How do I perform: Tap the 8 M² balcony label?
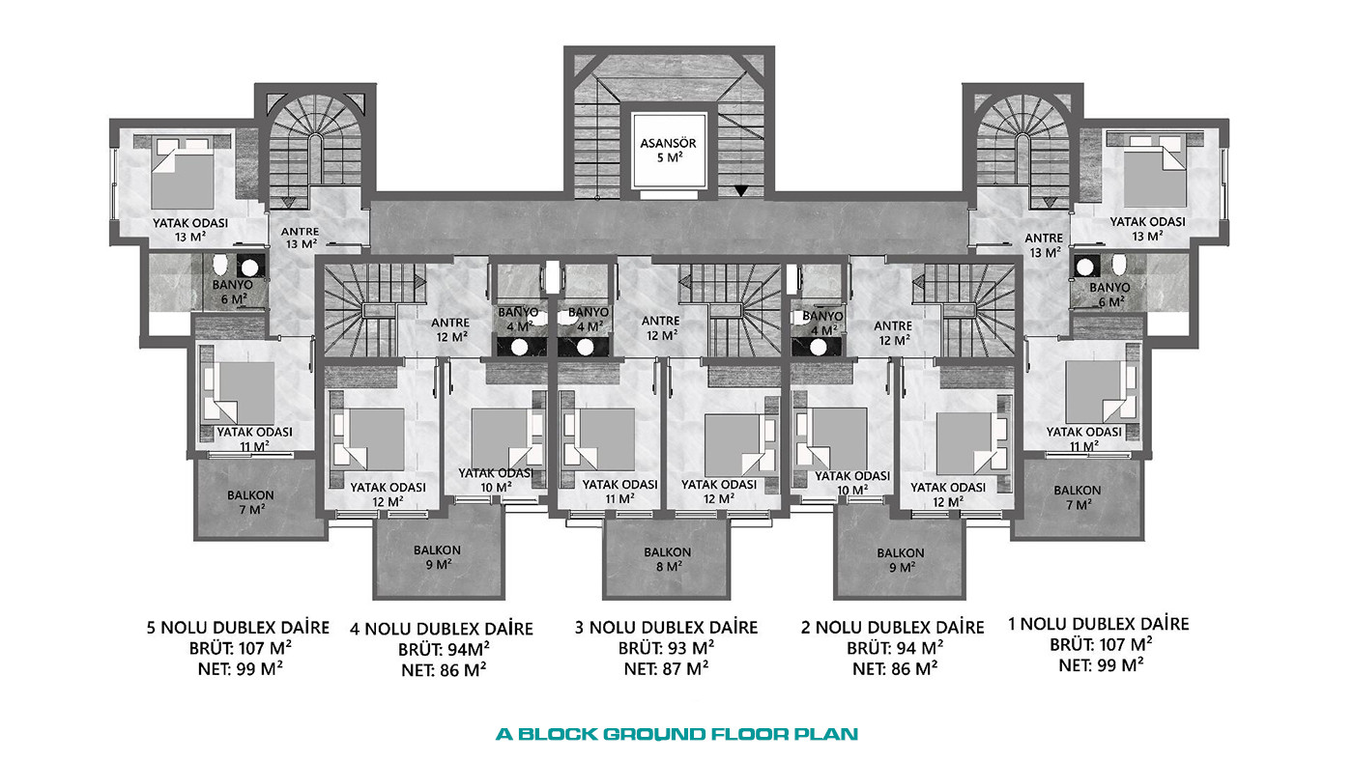[x=668, y=559]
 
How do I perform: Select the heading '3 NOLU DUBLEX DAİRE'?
[x=666, y=628]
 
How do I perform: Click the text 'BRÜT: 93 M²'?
[x=666, y=648]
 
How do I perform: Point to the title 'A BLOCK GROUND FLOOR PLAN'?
[x=677, y=734]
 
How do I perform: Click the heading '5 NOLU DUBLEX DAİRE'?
[x=238, y=628]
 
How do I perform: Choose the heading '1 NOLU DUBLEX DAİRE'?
[x=1099, y=624]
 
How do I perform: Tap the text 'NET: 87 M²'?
[x=666, y=668]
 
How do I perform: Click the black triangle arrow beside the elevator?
[x=741, y=190]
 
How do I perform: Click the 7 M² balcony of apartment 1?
[x=1077, y=497]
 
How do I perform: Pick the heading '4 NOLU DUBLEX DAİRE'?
[x=442, y=630]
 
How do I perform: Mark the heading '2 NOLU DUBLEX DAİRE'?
[x=893, y=628]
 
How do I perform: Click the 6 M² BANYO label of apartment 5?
[x=232, y=292]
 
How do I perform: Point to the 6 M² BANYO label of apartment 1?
[x=1110, y=295]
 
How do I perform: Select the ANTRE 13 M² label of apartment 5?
[x=301, y=238]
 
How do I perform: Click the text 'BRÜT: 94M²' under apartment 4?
[x=444, y=650]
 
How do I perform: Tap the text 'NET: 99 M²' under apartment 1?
[x=1101, y=665]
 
